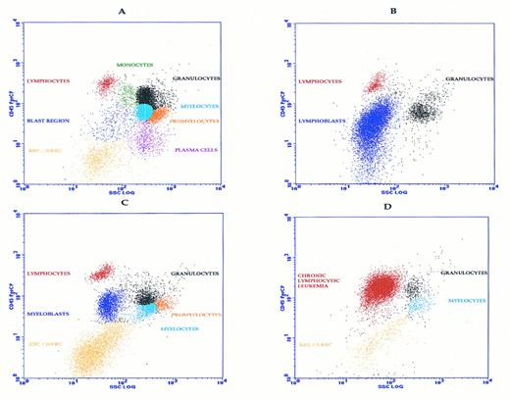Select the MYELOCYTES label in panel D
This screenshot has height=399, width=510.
tap(468, 301)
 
